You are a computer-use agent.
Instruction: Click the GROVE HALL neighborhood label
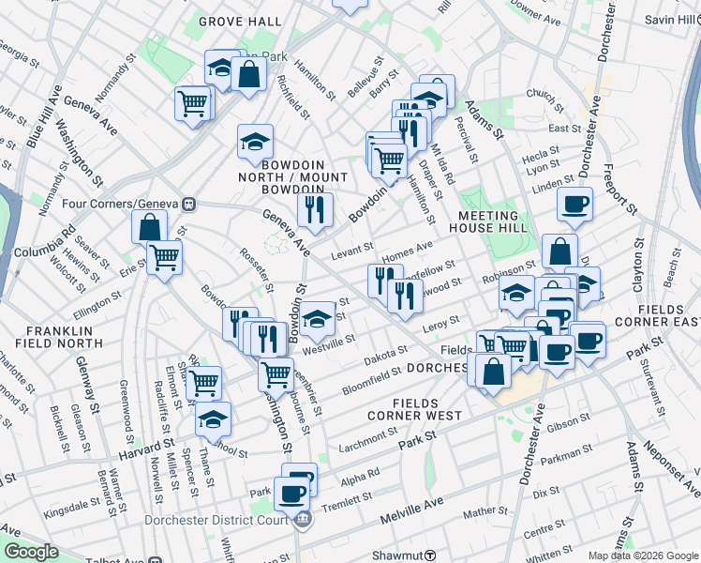(x=240, y=21)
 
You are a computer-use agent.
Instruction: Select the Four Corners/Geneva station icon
(x=189, y=204)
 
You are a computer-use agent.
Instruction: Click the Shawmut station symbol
(x=429, y=555)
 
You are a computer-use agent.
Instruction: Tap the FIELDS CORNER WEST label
(x=413, y=407)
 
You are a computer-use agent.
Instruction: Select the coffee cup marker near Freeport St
(x=574, y=203)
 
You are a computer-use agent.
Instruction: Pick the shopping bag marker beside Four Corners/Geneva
(x=150, y=226)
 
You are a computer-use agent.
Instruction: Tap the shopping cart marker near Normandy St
(x=192, y=103)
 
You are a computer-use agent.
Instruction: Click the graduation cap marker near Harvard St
(x=214, y=418)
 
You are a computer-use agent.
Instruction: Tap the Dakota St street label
(x=386, y=353)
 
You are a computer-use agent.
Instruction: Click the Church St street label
(x=542, y=93)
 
